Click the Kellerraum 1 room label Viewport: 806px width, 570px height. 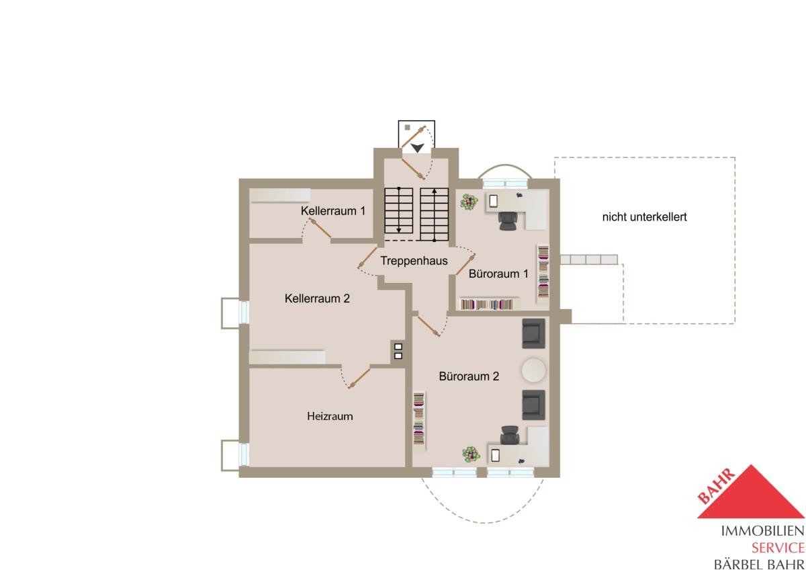[x=333, y=210]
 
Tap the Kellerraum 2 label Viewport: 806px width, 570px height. [x=317, y=298]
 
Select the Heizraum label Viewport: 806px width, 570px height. [x=330, y=416]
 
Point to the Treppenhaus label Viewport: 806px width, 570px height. [x=414, y=261]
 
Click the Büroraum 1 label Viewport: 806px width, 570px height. [x=498, y=274]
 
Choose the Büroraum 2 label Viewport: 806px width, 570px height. [x=469, y=376]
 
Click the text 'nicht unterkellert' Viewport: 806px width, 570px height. [x=644, y=216]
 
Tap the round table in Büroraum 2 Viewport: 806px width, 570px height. [x=533, y=370]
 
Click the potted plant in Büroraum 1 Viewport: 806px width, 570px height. [x=469, y=202]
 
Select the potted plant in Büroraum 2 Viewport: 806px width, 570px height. [x=471, y=454]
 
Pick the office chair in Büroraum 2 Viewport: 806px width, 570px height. [x=510, y=435]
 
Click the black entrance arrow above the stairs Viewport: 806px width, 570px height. [x=417, y=148]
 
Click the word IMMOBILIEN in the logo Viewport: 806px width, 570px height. [x=762, y=531]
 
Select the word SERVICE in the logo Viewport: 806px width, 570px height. [x=778, y=548]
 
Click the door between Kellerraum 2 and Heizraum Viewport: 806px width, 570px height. [x=359, y=378]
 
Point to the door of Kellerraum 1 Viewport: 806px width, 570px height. [x=320, y=229]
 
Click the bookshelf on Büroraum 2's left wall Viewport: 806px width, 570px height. [x=419, y=419]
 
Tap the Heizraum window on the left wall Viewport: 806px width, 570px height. [x=244, y=455]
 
